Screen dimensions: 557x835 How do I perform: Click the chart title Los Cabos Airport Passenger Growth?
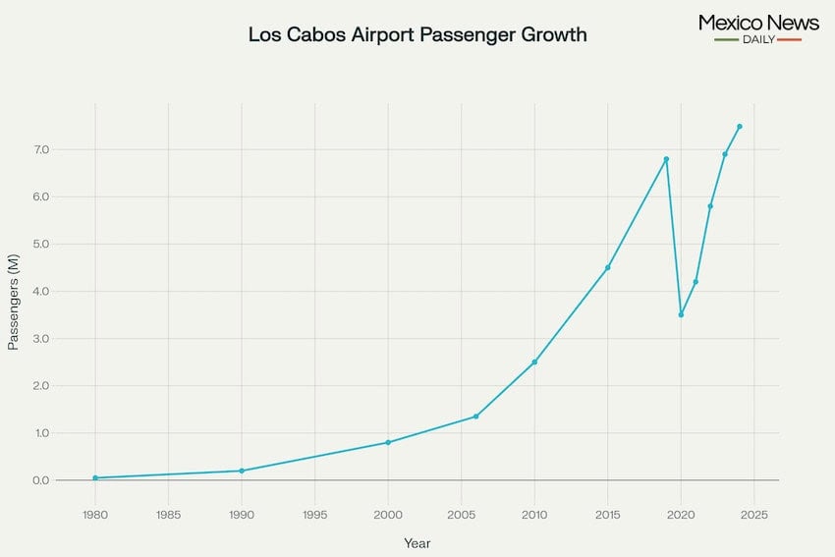(x=417, y=35)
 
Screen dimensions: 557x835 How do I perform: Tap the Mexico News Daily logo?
(x=757, y=28)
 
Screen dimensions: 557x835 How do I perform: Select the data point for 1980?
(x=95, y=477)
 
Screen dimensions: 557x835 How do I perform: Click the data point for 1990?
(x=242, y=471)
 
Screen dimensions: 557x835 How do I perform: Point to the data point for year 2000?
(x=388, y=442)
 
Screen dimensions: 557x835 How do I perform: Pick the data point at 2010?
(x=534, y=362)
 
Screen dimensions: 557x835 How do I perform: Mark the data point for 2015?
(x=608, y=267)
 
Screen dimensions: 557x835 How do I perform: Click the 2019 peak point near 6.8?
(x=666, y=159)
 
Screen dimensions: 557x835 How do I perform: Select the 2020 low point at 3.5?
(x=681, y=314)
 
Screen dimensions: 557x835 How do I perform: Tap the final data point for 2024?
(x=740, y=126)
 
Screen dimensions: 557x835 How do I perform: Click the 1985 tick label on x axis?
(x=168, y=514)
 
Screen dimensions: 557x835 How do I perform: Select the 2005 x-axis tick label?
(x=461, y=514)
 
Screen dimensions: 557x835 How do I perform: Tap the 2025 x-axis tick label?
(x=753, y=514)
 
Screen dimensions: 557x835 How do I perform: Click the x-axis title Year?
(x=417, y=543)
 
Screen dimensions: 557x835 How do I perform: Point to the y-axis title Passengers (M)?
(x=14, y=302)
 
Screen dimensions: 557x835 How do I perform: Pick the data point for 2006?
(x=476, y=417)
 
